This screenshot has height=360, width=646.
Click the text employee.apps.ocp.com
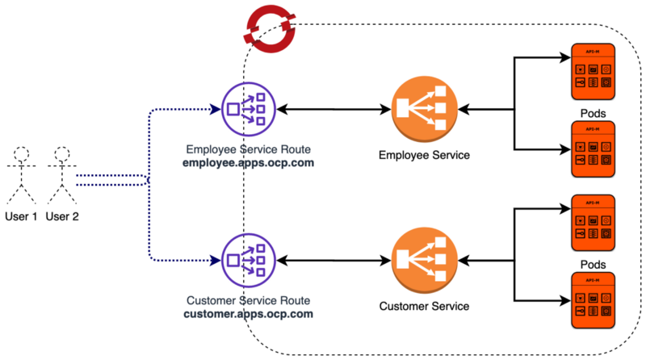click(249, 162)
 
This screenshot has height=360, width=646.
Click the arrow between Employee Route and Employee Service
click(333, 108)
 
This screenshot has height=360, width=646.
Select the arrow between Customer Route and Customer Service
click(333, 260)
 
